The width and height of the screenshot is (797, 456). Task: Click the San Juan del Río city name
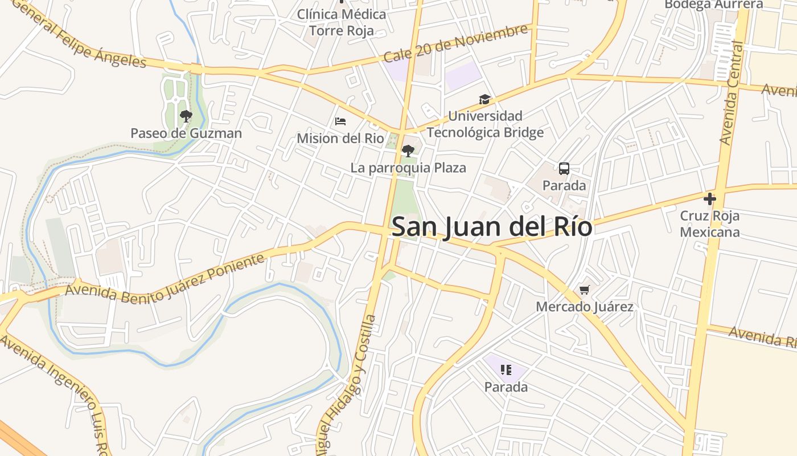coord(492,227)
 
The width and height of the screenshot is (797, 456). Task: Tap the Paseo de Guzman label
coord(186,133)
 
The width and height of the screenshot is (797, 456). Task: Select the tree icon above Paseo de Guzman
coord(186,116)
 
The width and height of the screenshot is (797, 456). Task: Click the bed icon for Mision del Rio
coord(340,121)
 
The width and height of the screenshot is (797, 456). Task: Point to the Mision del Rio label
coord(340,139)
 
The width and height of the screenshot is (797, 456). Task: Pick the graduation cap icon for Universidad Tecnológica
coord(484,100)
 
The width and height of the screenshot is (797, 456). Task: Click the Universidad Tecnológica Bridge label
coord(485,124)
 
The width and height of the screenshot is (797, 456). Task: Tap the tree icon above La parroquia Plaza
coord(408,151)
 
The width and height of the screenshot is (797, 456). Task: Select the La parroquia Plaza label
coord(408,168)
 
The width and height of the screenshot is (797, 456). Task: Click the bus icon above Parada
coord(564,169)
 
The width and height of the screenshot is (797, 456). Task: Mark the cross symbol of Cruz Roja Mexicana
coord(709,199)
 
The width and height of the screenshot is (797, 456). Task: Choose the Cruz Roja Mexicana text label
coord(709,224)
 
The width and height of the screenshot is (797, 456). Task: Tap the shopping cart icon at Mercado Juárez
coord(585,290)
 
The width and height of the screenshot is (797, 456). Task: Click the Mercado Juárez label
coord(585,307)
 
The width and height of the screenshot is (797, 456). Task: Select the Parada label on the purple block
coord(506,387)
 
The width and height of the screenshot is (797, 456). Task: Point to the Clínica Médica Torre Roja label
coord(342,22)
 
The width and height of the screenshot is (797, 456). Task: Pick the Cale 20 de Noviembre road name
coord(455,43)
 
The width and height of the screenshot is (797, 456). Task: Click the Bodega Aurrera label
coord(714,5)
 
